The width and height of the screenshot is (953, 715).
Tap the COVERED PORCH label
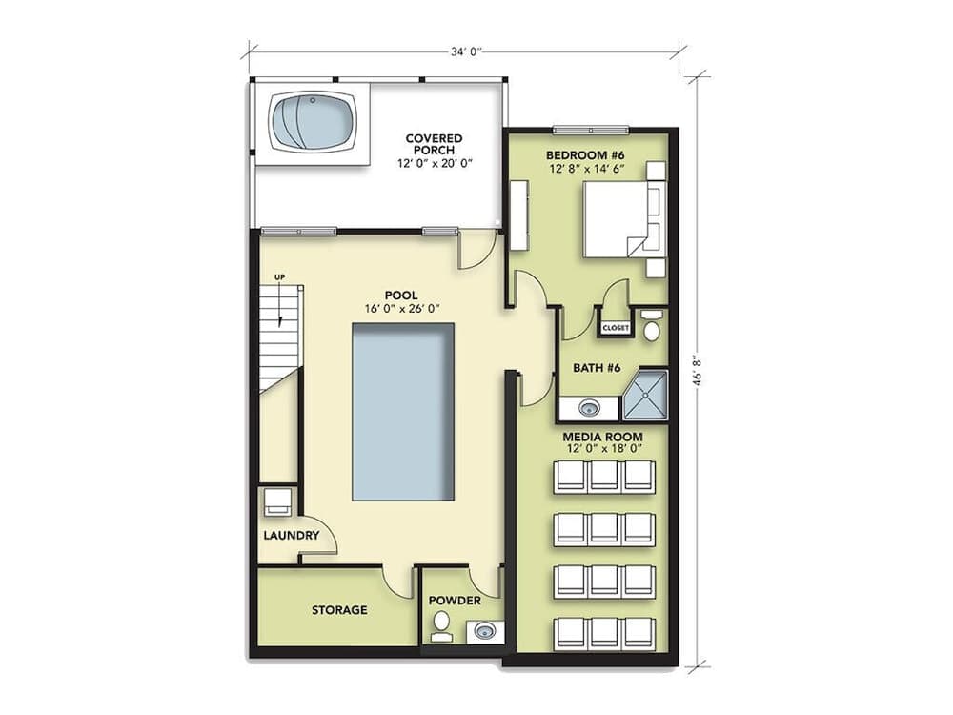point(434,145)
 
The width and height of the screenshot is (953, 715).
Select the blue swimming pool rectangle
point(402,412)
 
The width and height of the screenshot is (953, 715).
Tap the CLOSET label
point(616,328)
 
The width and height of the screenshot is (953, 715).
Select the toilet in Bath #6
point(652,325)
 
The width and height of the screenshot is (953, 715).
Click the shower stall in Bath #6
point(645,398)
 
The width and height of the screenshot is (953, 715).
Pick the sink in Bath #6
point(589,409)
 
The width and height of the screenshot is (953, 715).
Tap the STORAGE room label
point(339,610)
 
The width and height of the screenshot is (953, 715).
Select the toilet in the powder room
point(441,624)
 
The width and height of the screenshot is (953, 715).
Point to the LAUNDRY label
point(291,536)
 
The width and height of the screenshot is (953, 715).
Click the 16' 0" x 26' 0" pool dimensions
point(401,309)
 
